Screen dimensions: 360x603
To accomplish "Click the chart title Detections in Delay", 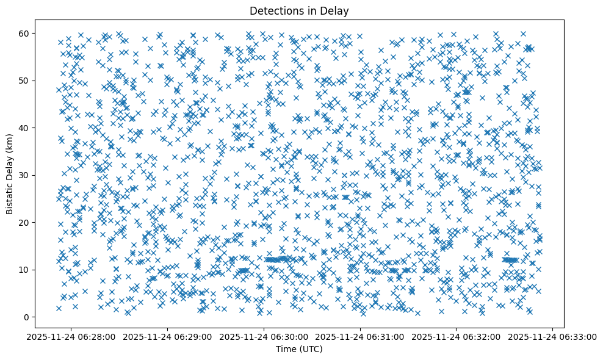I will pos(299,10).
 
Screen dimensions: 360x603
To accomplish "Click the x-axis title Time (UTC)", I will pos(299,349).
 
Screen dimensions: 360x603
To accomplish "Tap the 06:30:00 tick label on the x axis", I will pos(264,336).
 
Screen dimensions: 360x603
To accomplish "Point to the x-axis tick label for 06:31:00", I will pos(361,336).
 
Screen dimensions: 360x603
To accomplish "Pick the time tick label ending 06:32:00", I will pos(457,336).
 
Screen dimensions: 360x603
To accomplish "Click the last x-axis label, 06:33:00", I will pos(553,336).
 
